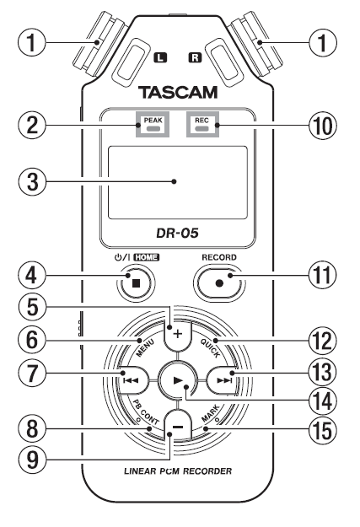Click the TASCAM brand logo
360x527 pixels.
(x=178, y=92)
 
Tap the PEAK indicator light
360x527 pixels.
(x=153, y=129)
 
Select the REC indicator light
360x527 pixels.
(x=202, y=129)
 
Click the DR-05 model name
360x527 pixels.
(x=177, y=233)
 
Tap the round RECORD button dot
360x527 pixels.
(x=219, y=283)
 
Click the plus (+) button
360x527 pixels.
(x=178, y=334)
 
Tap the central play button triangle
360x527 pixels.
(x=178, y=380)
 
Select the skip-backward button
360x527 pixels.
(x=132, y=380)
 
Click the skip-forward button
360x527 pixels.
(x=224, y=380)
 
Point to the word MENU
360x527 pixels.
(x=145, y=348)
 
